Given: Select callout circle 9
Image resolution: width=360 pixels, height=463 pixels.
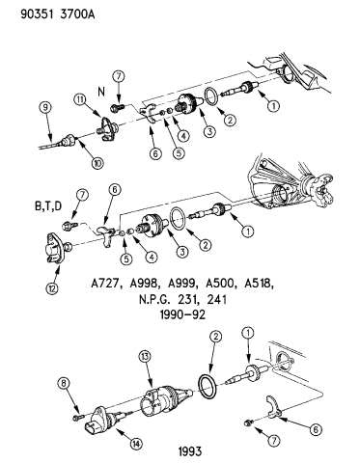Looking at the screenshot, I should pyautogui.click(x=44, y=108).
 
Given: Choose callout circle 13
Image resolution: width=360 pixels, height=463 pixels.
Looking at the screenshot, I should pyautogui.click(x=146, y=357).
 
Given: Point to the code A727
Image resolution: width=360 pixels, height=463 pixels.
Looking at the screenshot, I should pyautogui.click(x=108, y=286).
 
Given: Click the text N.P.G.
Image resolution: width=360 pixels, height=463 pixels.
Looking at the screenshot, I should pyautogui.click(x=148, y=300).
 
